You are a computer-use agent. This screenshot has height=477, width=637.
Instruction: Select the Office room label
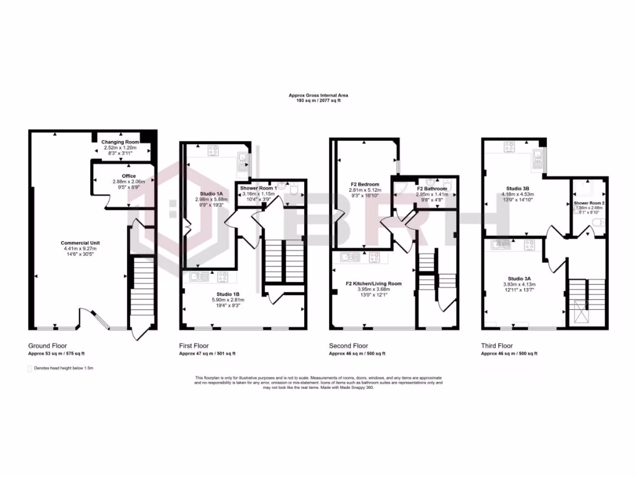(129, 176)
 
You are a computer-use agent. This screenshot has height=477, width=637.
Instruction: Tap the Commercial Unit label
(80, 242)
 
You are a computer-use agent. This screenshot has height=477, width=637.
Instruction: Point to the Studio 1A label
(212, 193)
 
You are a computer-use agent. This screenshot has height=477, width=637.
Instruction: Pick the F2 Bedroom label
(365, 184)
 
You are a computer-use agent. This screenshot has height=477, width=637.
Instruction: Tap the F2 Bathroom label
(428, 188)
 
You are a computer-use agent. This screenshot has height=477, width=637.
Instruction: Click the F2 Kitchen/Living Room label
(374, 284)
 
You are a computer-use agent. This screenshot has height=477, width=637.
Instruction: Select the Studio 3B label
(518, 188)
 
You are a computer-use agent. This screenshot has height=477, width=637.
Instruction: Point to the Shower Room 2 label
(588, 203)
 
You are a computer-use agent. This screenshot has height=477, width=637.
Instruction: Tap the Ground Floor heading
(47, 345)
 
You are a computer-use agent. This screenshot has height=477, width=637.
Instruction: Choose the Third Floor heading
(496, 345)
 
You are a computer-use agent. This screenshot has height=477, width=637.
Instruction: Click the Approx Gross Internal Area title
(318, 95)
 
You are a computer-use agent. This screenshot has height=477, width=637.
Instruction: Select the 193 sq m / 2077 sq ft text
(318, 100)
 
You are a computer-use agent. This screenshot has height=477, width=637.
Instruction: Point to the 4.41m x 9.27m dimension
(80, 248)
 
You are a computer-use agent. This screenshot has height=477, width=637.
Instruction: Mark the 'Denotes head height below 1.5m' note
(63, 368)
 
